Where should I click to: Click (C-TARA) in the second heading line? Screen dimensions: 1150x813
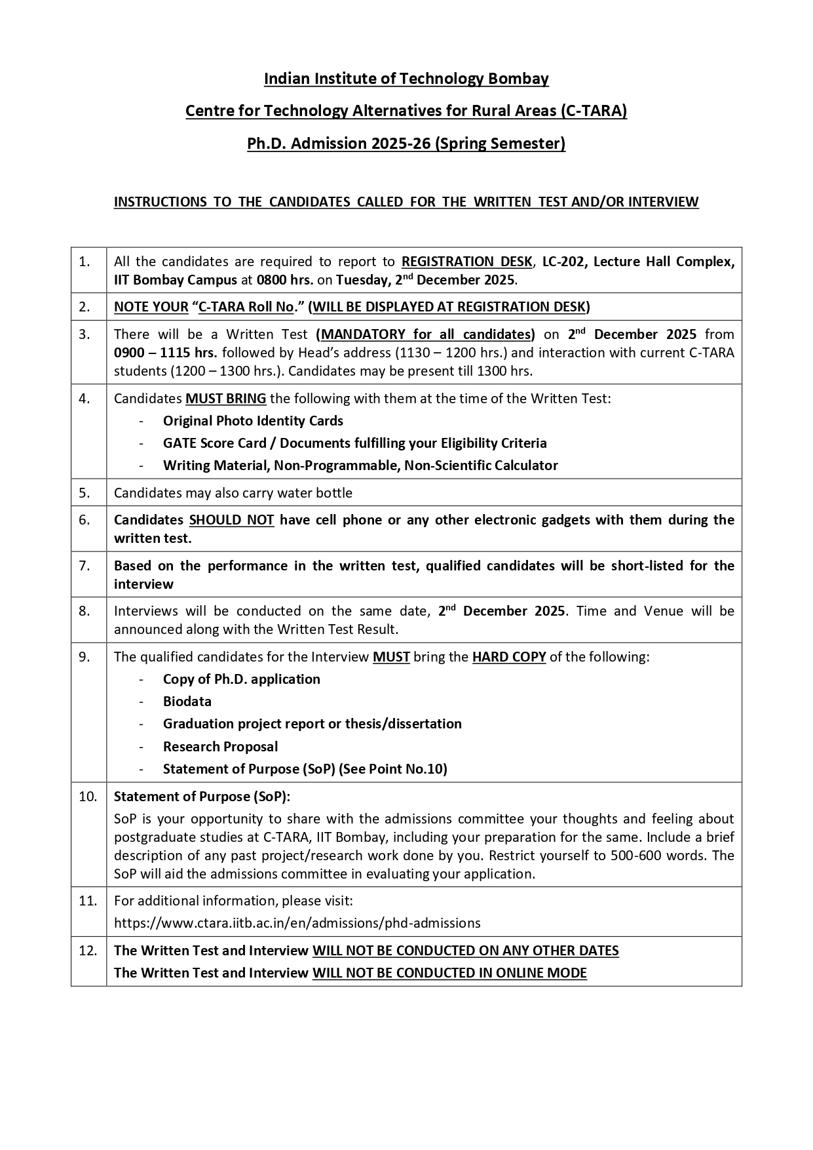(593, 111)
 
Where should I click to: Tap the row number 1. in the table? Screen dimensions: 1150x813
(85, 262)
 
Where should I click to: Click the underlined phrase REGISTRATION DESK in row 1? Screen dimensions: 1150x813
(466, 262)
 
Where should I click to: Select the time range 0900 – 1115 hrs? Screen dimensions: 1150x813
(165, 353)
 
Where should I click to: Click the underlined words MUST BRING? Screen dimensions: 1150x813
(226, 399)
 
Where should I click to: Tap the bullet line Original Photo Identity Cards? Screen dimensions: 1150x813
(253, 421)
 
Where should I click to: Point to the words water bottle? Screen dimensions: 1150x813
(319, 493)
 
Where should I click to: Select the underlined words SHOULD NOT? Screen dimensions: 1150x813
(231, 520)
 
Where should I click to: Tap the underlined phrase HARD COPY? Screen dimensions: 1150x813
(509, 657)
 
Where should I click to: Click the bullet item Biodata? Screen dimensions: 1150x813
(187, 702)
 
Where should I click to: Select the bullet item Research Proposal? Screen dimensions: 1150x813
(220, 747)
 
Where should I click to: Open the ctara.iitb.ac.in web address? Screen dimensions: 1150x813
(297, 923)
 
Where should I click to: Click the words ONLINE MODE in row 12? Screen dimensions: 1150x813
(541, 973)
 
